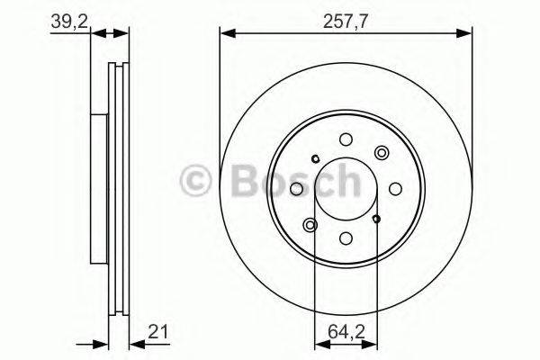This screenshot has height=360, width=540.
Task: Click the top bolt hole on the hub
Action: point(346,139)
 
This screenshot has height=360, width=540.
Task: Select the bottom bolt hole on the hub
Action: point(346,238)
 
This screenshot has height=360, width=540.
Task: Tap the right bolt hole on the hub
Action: point(396,188)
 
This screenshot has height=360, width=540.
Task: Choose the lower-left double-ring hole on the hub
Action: point(311,224)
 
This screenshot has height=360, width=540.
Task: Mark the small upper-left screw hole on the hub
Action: point(314,159)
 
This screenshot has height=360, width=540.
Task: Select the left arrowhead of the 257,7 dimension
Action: point(226,34)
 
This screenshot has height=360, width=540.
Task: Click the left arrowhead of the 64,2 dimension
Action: point(319,343)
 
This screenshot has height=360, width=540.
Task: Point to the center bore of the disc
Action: point(346,188)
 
